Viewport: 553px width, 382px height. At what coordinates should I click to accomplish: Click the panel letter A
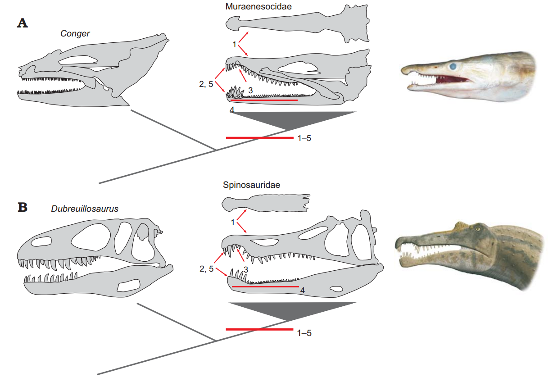(x=23, y=23)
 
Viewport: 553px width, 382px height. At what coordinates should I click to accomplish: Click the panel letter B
(x=23, y=208)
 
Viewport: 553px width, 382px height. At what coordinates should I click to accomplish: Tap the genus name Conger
(x=75, y=33)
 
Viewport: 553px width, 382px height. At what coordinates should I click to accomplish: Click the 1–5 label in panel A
(x=304, y=138)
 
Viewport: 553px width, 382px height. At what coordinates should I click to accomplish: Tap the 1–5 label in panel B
(x=304, y=333)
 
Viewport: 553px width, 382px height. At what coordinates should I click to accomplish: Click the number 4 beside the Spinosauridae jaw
(x=303, y=291)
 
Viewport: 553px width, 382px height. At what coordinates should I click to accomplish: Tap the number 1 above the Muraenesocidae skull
(x=235, y=44)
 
